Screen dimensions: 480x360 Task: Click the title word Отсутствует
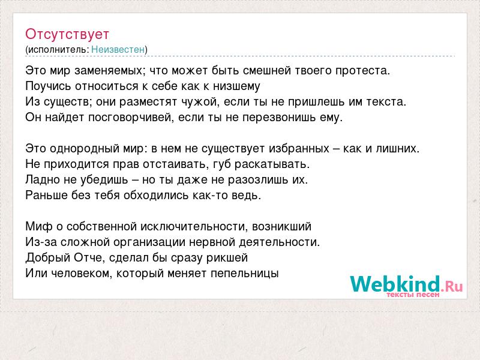pos(67,34)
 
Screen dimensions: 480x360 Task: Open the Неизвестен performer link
pos(118,50)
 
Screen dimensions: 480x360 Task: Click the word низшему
pos(236,86)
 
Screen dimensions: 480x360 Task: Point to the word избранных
pos(299,149)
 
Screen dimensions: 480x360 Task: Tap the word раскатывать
pos(272,164)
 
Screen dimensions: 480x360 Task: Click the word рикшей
pos(227,258)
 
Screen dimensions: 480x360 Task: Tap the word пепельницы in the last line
pos(245,274)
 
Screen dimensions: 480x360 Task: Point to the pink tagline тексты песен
pos(413,295)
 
